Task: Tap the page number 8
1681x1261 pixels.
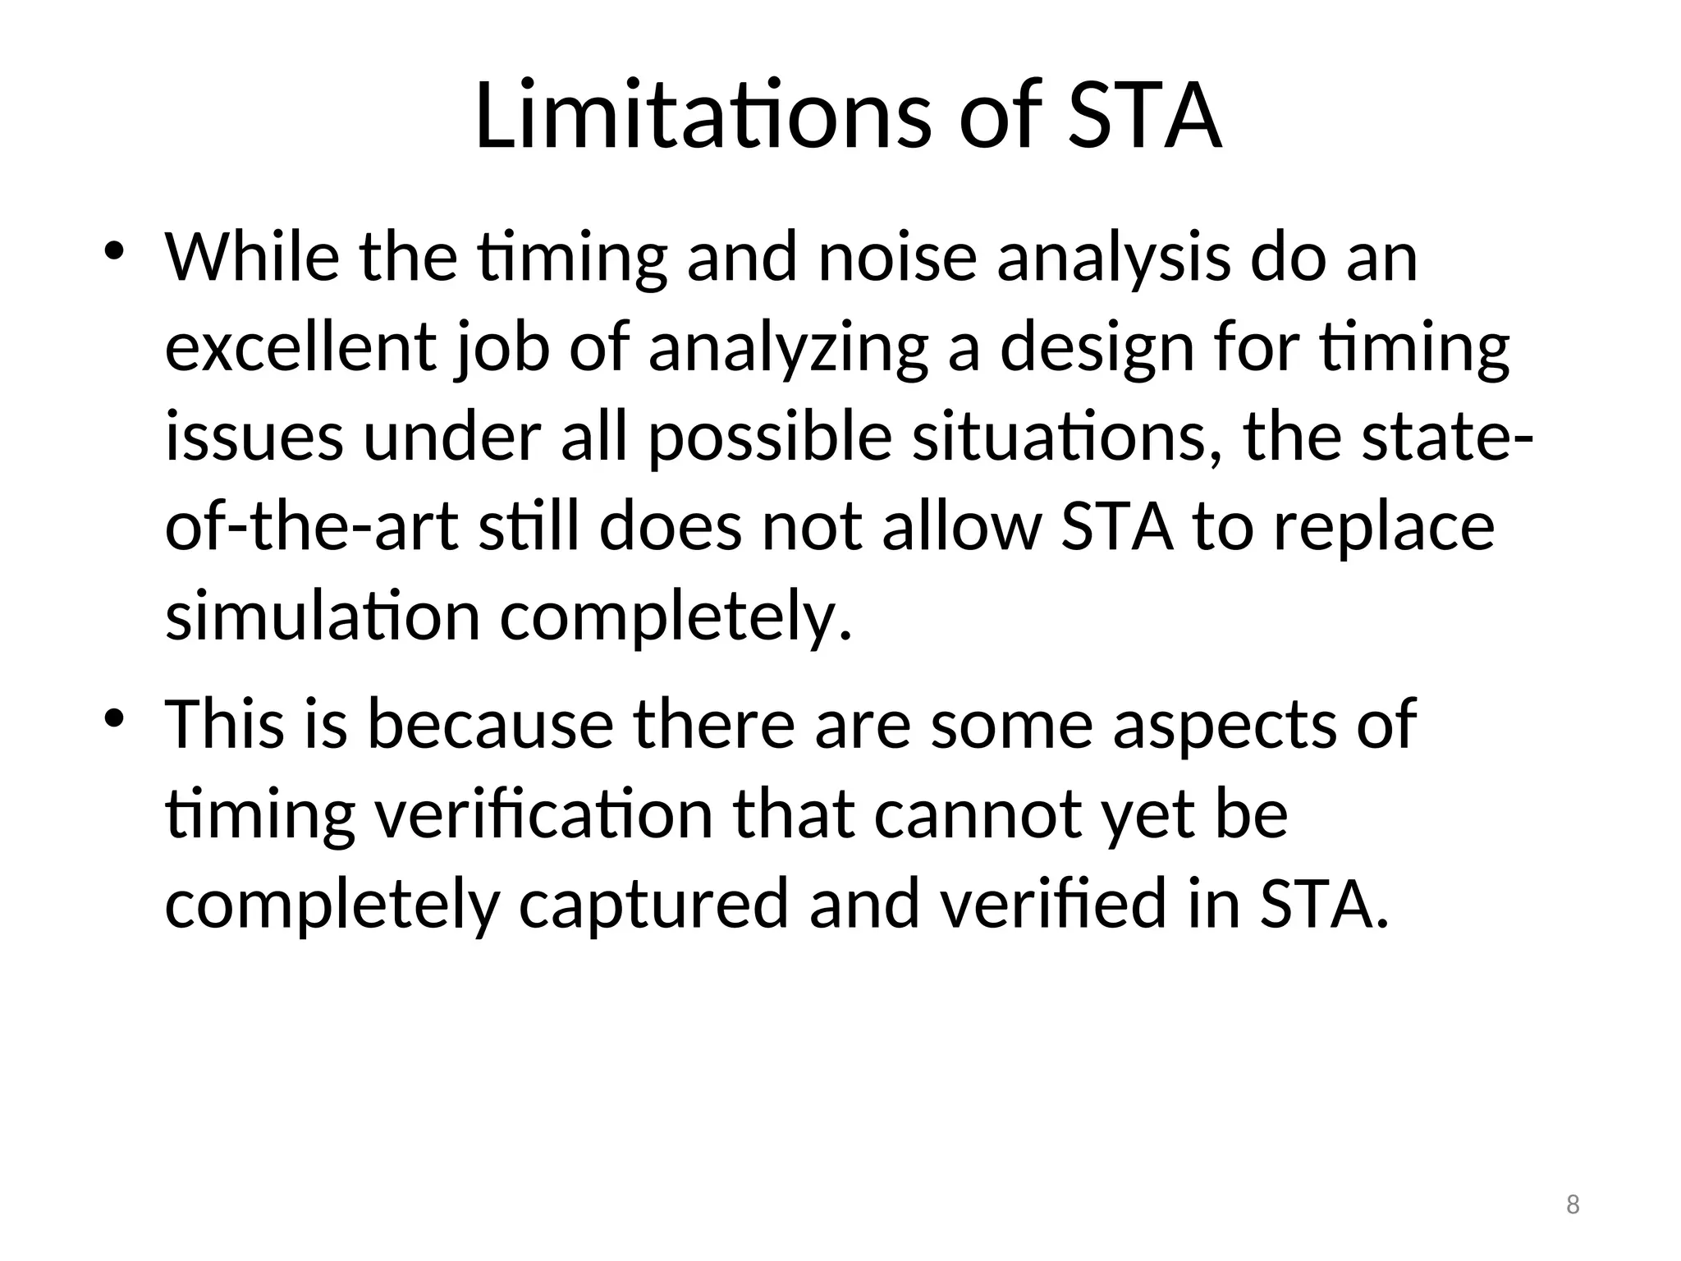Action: coord(1573,1205)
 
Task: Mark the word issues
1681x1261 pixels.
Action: coord(254,437)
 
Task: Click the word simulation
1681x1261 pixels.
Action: coord(323,617)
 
